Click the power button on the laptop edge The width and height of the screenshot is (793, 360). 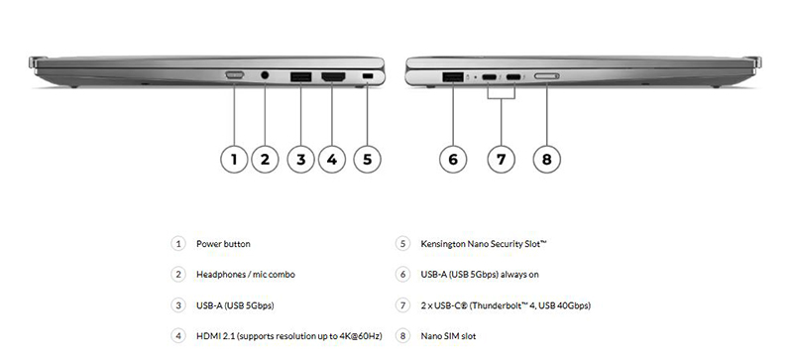tap(235, 75)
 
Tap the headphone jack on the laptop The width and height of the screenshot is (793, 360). tap(265, 75)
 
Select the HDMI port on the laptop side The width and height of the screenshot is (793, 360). tap(333, 77)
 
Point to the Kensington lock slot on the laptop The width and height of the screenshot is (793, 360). tap(368, 76)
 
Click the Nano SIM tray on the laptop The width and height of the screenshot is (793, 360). tap(547, 76)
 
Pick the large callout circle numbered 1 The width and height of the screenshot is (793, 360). tap(234, 159)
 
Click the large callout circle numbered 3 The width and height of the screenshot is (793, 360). tap(301, 159)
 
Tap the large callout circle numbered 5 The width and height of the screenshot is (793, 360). tap(367, 159)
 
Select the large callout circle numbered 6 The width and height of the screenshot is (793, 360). tap(453, 159)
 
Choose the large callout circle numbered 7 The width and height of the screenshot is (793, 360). tap(501, 159)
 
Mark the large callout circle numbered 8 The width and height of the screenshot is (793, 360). tap(547, 159)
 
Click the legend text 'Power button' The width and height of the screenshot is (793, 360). tap(223, 244)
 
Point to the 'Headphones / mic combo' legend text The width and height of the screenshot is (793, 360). tap(246, 275)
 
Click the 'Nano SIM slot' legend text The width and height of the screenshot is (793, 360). tap(448, 335)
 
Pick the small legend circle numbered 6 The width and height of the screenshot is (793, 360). tap(402, 275)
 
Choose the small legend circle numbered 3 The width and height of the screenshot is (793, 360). tap(178, 305)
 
